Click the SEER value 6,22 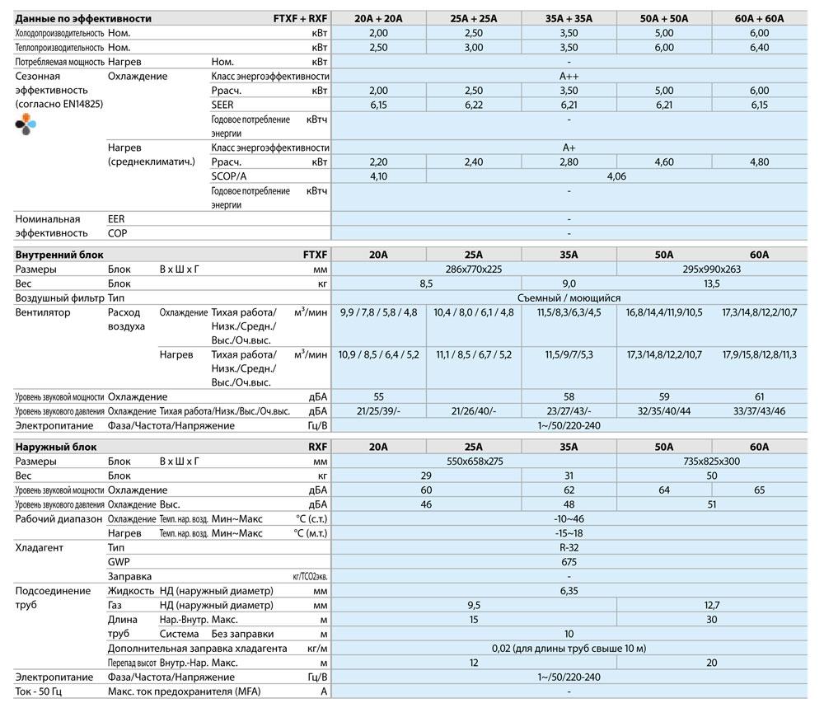pos(473,105)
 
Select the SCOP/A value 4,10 pos(378,176)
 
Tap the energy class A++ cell pos(569,76)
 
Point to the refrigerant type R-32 pos(569,547)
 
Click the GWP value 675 pos(569,562)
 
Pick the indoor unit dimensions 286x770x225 pos(473,269)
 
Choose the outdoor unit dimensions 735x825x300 pos(711,462)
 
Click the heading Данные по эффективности pos(73,18)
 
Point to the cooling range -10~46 pos(569,519)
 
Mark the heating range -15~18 pos(569,533)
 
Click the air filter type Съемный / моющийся pos(569,298)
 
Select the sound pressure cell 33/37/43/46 pos(759,411)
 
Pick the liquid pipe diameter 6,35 pos(569,591)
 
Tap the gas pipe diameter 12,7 pos(711,605)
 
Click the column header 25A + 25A pos(473,18)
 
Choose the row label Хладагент pos(40,547)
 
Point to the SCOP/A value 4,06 pos(616,176)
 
